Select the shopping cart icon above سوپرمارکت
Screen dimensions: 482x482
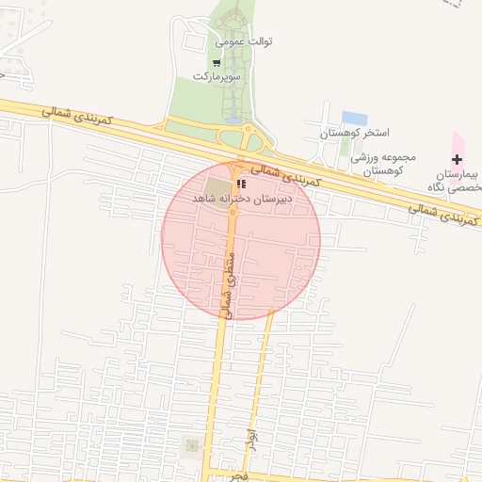(217, 62)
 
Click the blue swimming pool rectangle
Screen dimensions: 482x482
(353, 118)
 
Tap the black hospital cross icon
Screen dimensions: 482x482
(458, 159)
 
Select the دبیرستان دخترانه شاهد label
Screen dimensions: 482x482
(244, 199)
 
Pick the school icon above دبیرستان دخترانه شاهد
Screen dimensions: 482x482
(241, 184)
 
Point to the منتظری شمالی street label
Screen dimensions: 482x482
(226, 282)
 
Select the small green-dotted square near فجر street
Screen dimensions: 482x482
(192, 445)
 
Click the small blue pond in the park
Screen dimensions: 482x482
(233, 120)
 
